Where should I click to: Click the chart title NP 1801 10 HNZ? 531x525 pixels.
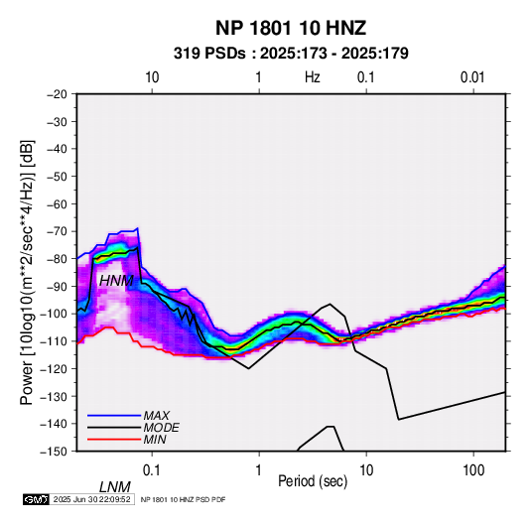tap(291, 28)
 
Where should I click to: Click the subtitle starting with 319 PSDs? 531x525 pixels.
tap(291, 54)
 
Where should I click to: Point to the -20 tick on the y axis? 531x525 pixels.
tap(57, 94)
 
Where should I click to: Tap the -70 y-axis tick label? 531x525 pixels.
tap(57, 231)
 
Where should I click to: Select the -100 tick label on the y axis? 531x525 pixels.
tap(54, 314)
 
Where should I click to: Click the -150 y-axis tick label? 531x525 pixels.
tap(54, 452)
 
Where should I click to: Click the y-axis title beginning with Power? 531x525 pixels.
tap(27, 273)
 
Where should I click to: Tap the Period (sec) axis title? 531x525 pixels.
tap(313, 481)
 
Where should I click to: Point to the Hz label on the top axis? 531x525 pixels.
tap(313, 77)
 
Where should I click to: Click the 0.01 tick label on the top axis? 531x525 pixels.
tap(472, 77)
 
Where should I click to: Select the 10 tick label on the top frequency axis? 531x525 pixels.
tap(152, 77)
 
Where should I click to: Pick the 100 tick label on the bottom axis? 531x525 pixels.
tap(473, 470)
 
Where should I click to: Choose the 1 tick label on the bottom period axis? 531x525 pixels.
tap(259, 470)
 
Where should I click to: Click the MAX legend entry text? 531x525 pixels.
tap(157, 415)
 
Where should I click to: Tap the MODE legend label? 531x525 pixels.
tap(161, 428)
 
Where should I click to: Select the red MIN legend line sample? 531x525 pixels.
tap(114, 440)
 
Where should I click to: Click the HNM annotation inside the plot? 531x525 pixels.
tap(116, 281)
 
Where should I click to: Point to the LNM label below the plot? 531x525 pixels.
tap(115, 487)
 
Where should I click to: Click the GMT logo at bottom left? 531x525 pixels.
tap(36, 499)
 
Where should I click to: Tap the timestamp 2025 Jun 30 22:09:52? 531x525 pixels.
tap(91, 499)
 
